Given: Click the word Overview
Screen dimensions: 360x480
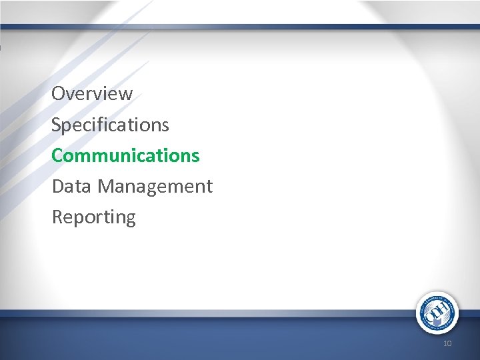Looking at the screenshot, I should coord(92,94).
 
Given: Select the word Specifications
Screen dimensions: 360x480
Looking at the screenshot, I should coord(110,125).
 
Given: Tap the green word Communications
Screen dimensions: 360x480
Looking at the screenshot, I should coord(125,155).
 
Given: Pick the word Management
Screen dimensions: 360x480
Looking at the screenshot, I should coord(155,187).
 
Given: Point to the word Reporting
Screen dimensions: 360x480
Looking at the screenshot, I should coord(93,217).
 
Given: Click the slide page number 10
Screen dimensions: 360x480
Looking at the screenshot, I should coord(447,343).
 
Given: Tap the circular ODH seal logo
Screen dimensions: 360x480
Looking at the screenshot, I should coord(437,313).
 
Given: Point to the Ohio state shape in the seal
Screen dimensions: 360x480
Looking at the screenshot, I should coord(437,321).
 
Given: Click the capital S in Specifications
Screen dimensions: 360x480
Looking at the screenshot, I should coord(57,125).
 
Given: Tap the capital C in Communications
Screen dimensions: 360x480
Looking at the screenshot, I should coord(57,155).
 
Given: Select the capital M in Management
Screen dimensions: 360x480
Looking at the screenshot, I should coord(105,187).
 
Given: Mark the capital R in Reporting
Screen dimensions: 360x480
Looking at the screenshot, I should coord(57,217).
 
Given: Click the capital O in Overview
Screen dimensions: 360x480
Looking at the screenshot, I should coord(58,94).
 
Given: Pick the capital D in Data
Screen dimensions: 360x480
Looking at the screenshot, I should coord(57,187).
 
